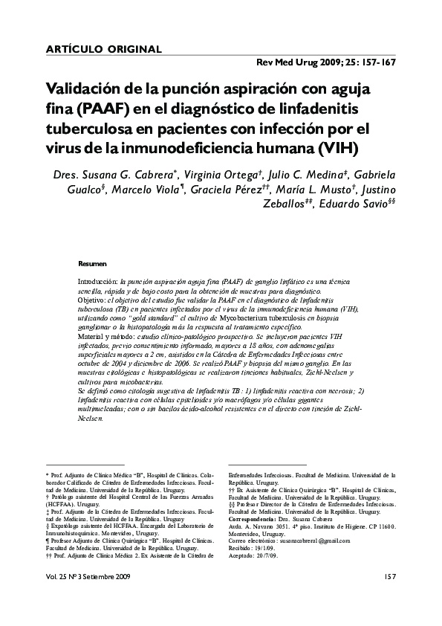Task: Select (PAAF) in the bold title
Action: (105, 109)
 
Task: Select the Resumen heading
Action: (92, 263)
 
